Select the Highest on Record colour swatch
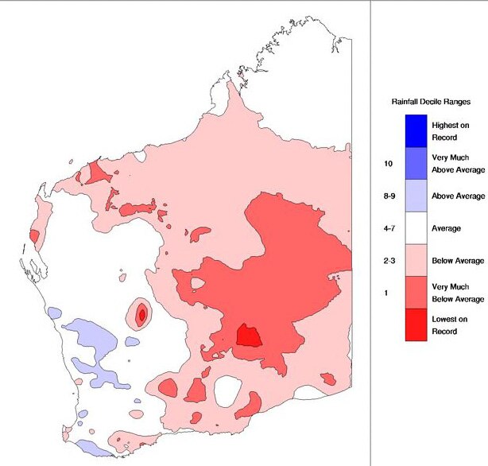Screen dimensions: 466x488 point(414,130)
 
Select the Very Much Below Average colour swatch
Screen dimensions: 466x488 point(414,293)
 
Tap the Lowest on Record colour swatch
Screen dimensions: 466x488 point(414,326)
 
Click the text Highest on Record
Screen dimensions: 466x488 point(450,131)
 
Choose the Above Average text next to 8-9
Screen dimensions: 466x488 point(459,196)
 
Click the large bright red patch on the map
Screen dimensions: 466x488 point(250,336)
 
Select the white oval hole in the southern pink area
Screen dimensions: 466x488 point(228,390)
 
